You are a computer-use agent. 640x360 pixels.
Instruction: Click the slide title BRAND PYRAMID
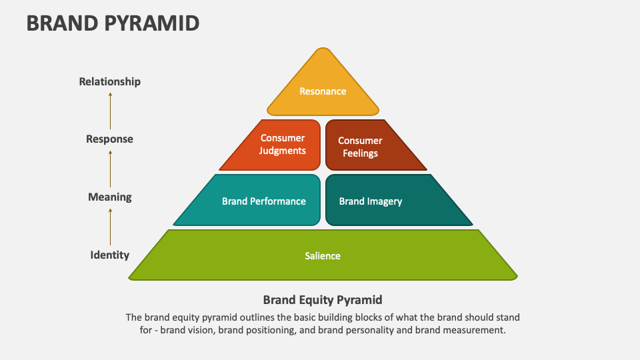point(113,23)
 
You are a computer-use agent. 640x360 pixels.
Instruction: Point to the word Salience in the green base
point(323,256)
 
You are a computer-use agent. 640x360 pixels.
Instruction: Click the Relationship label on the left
point(110,81)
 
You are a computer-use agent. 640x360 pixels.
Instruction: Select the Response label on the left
point(110,139)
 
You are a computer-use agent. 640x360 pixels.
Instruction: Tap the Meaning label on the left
point(110,197)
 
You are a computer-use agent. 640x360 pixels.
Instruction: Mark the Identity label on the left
point(110,255)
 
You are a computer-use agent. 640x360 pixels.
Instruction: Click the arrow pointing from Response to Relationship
point(111,110)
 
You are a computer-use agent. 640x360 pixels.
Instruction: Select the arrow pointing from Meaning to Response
point(111,167)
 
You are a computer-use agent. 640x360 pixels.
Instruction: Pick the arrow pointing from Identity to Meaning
point(111,225)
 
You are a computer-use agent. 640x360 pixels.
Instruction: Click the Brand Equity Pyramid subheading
point(323,299)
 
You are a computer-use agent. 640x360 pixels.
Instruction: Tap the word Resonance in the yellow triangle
point(323,91)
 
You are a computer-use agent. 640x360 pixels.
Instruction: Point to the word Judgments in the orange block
point(283,151)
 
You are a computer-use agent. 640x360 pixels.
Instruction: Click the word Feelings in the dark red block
point(360,153)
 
